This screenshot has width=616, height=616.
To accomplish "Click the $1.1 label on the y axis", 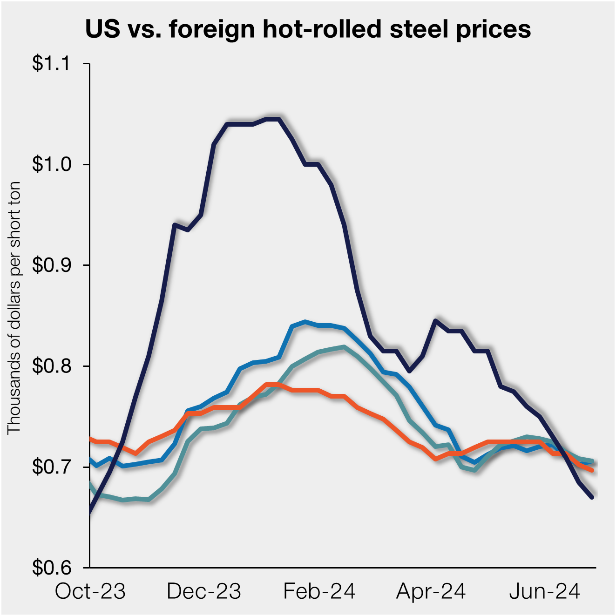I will (51, 63).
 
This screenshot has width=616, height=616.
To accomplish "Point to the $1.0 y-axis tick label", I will (51, 164).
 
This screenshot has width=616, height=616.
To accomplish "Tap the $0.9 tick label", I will (51, 265).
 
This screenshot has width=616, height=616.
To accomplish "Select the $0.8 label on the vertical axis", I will (51, 366).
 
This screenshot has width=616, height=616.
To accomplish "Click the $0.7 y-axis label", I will (51, 467).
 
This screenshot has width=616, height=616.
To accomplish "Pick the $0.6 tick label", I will (51, 568).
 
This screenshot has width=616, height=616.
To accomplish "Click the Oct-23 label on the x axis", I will (90, 591).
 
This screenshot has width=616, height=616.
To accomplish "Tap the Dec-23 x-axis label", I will (204, 591).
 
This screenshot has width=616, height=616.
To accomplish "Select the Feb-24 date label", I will (319, 591).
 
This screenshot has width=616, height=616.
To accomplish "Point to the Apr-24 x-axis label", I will (431, 591).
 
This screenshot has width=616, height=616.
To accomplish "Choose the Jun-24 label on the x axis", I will (544, 591).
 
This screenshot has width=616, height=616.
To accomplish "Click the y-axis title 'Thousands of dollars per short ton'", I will (14, 308).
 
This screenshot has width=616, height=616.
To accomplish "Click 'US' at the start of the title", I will (100, 29).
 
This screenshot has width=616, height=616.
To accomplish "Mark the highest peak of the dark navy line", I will (272, 119).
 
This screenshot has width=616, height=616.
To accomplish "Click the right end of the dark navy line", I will (592, 497).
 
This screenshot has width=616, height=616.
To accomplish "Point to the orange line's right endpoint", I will (592, 470).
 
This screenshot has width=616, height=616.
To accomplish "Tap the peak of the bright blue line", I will (305, 321).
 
